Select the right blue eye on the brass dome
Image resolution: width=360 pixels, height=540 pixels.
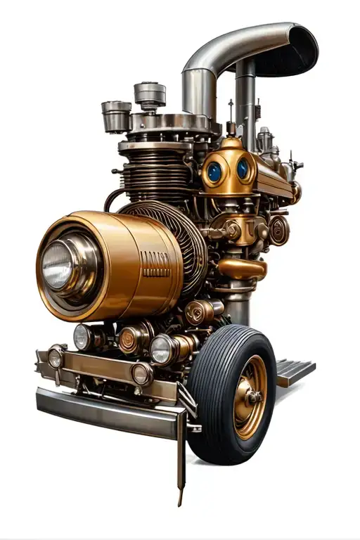[243, 169]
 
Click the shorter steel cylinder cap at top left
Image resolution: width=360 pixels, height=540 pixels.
[116, 115]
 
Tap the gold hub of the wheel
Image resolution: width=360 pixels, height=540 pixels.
[251, 397]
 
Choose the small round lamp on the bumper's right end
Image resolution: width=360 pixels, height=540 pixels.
[141, 374]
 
